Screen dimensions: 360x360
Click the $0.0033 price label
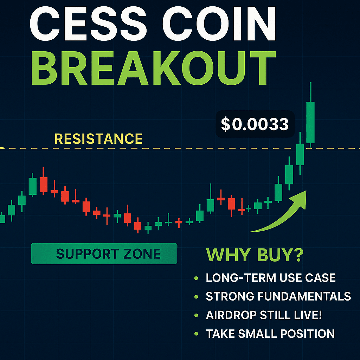[x=255, y=124]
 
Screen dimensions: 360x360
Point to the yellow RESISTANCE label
[x=99, y=139]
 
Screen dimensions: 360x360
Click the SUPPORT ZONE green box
[x=104, y=253]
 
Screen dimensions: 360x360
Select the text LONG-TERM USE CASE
[x=271, y=278]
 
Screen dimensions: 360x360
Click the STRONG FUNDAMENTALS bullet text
[x=278, y=296]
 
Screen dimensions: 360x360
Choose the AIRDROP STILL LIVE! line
[x=264, y=315]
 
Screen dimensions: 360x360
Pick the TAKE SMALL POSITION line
[x=270, y=333]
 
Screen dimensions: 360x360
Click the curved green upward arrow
[x=281, y=214]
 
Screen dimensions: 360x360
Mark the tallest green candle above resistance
[x=310, y=122]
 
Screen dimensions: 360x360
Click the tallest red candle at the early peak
[x=44, y=184]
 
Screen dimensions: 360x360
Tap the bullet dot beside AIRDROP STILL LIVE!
[x=196, y=315]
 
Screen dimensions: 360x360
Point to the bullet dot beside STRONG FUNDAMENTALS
[x=196, y=297]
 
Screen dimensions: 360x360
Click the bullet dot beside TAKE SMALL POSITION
[x=196, y=334]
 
